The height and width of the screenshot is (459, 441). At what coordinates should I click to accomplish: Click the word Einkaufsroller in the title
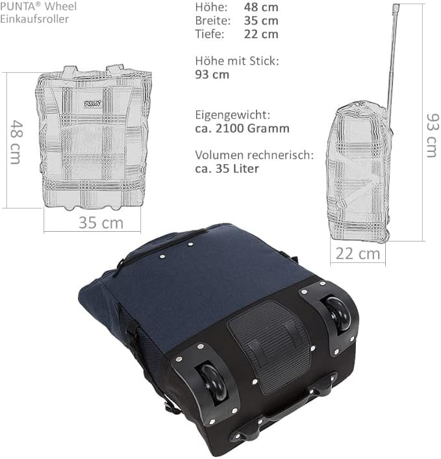tap(34, 19)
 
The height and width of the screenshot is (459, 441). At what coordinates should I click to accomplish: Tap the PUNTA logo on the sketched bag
tap(93, 103)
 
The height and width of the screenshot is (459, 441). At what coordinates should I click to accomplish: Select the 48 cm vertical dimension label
tap(16, 142)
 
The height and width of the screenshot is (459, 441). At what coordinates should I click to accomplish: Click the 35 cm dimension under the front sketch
tap(101, 223)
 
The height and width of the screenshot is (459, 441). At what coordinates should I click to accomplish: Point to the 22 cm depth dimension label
tap(358, 253)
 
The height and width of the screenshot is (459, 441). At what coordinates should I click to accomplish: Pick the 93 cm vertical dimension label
tap(433, 136)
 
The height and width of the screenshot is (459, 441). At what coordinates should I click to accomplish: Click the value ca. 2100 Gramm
tap(242, 128)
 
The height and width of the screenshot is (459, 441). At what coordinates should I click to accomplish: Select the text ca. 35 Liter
tap(227, 169)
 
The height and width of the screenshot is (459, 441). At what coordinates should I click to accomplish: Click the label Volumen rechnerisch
tap(254, 155)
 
